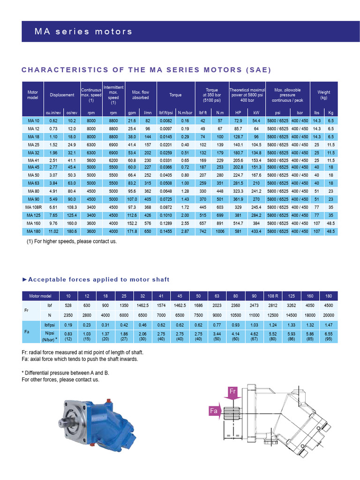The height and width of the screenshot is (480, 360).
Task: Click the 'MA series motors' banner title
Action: tap(83, 32)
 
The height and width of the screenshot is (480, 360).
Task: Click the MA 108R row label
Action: tap(34, 207)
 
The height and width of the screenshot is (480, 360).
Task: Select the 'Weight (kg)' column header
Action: tap(324, 95)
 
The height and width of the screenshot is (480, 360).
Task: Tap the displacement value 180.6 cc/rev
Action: tap(72, 232)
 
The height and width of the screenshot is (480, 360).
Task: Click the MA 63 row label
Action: tap(34, 183)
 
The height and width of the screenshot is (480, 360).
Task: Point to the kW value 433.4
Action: tap(256, 232)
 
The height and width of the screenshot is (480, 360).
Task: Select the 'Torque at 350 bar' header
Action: tap(212, 95)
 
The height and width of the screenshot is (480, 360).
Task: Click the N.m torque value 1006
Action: tap(220, 232)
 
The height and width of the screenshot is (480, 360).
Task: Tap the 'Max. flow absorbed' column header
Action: tap(140, 95)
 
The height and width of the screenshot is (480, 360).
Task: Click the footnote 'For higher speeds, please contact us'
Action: tap(72, 241)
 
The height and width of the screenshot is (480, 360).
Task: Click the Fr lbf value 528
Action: tap(68, 306)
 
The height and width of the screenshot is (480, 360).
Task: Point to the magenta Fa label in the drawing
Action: tap(214, 411)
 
